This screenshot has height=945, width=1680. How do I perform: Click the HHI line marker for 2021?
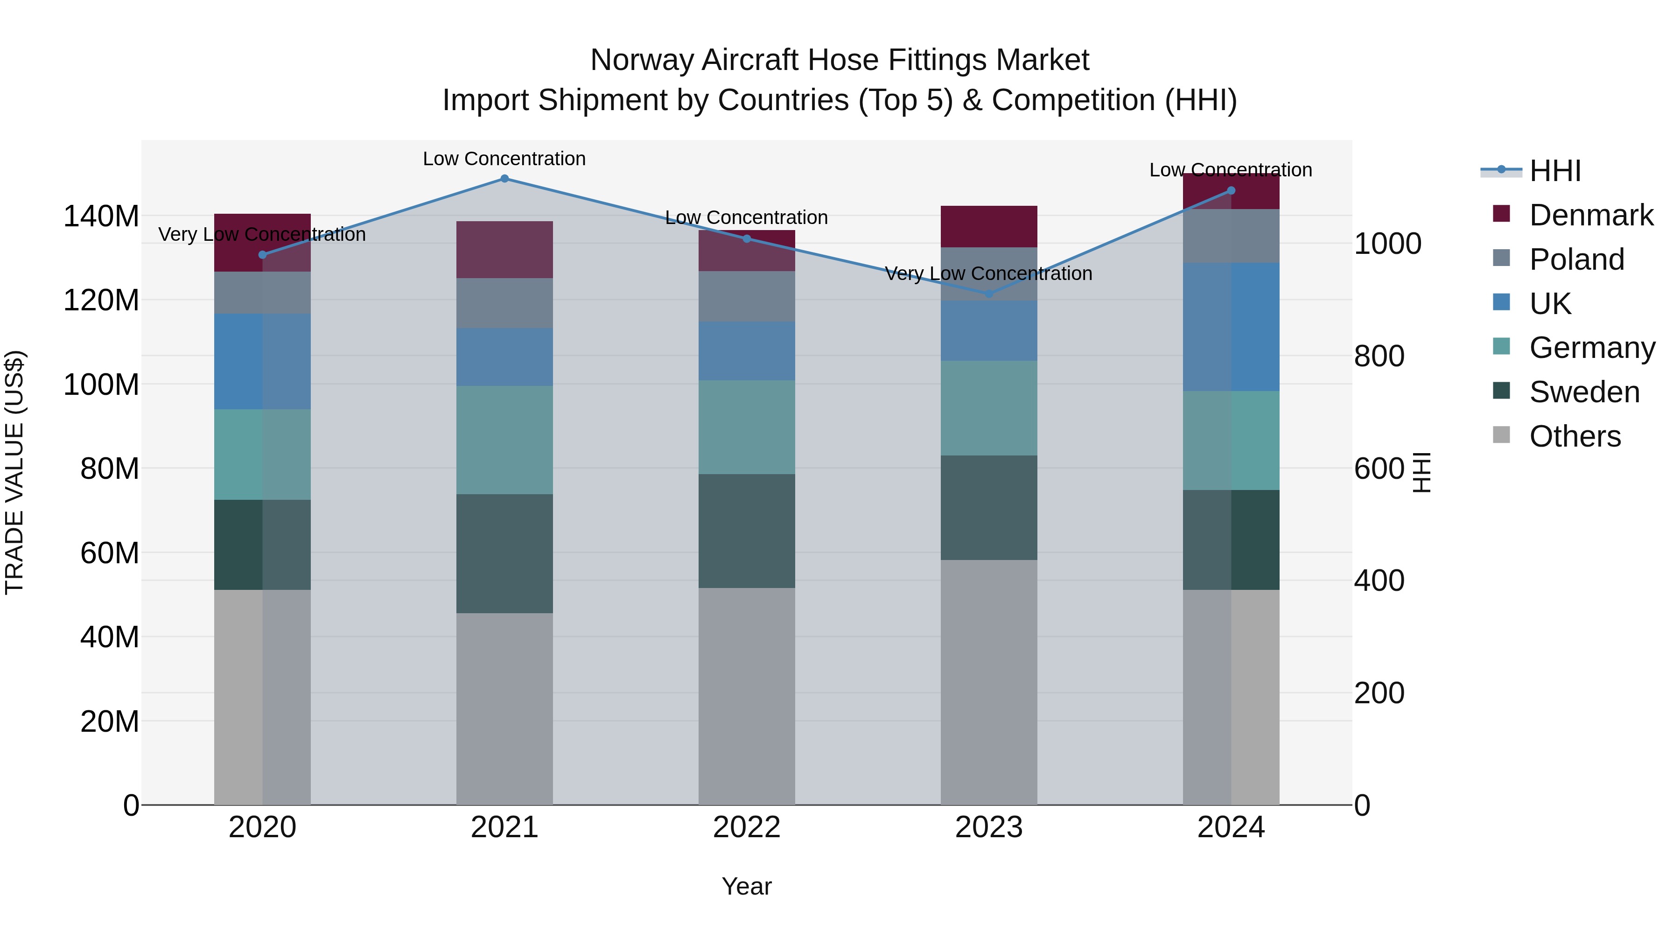[504, 179]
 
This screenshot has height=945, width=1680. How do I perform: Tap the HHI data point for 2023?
[989, 294]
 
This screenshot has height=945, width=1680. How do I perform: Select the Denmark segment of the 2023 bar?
[989, 226]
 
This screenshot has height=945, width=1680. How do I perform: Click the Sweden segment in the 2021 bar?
[504, 553]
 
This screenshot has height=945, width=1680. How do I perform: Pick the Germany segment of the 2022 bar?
[747, 427]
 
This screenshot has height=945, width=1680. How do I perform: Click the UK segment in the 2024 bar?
[1231, 327]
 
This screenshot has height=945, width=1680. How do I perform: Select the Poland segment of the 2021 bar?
[504, 303]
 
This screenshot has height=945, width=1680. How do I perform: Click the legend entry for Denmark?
[1591, 215]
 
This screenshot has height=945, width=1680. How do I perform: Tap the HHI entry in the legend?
[1555, 171]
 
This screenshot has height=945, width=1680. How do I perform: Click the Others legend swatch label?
[1575, 436]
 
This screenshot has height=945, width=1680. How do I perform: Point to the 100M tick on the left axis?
[101, 385]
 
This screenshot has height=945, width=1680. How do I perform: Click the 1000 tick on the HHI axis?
[1388, 244]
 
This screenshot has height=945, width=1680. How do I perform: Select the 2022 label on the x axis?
[747, 827]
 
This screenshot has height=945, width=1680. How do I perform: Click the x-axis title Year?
[747, 886]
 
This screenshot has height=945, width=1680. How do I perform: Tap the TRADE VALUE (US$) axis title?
[14, 472]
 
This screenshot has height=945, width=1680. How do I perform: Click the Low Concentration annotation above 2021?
[504, 159]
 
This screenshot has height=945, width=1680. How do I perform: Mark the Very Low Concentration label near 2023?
[989, 273]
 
